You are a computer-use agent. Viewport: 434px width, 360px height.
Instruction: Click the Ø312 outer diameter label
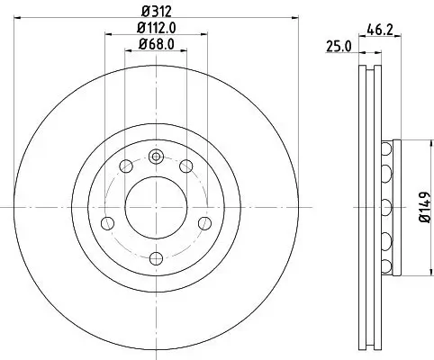click(155, 12)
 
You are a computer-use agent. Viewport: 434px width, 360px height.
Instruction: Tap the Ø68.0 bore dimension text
click(156, 44)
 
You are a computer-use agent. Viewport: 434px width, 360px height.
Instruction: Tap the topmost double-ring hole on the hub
click(155, 156)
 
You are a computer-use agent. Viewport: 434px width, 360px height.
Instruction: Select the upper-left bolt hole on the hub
click(125, 166)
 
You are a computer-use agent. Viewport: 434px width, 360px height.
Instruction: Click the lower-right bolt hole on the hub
click(203, 222)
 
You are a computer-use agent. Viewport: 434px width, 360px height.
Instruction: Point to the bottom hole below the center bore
click(155, 257)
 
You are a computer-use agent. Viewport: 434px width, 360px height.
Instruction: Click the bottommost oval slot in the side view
click(388, 265)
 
